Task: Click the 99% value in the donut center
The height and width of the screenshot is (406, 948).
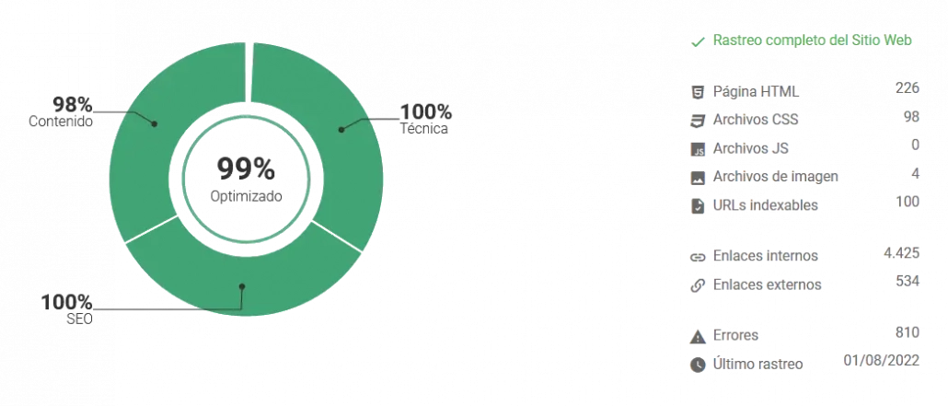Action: click(246, 168)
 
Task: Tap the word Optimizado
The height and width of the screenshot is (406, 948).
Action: click(246, 197)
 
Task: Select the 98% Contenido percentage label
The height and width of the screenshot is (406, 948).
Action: click(73, 105)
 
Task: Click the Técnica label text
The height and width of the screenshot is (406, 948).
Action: click(423, 128)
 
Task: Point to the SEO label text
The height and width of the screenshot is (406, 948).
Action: click(80, 319)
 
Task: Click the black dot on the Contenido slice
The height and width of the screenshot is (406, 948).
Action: click(155, 123)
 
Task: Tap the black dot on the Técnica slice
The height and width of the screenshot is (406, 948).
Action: click(341, 129)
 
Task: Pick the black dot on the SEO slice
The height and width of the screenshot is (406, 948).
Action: click(241, 285)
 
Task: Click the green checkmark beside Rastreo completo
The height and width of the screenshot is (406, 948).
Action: click(699, 41)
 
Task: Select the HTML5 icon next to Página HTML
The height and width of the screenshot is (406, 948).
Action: click(698, 93)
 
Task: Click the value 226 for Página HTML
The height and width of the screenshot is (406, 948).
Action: click(908, 88)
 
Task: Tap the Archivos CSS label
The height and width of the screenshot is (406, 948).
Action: click(756, 119)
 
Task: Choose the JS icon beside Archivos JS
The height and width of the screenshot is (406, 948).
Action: click(698, 149)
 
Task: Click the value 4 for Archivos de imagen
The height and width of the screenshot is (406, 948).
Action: click(916, 174)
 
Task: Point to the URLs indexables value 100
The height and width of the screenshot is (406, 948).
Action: click(908, 202)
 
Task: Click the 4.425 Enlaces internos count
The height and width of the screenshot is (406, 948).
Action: click(901, 253)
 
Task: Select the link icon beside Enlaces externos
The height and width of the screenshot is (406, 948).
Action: click(698, 285)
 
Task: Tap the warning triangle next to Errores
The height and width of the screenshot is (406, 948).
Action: click(698, 336)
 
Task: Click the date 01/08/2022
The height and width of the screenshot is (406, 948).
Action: click(882, 361)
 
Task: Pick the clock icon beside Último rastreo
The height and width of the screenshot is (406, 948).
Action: click(698, 365)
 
